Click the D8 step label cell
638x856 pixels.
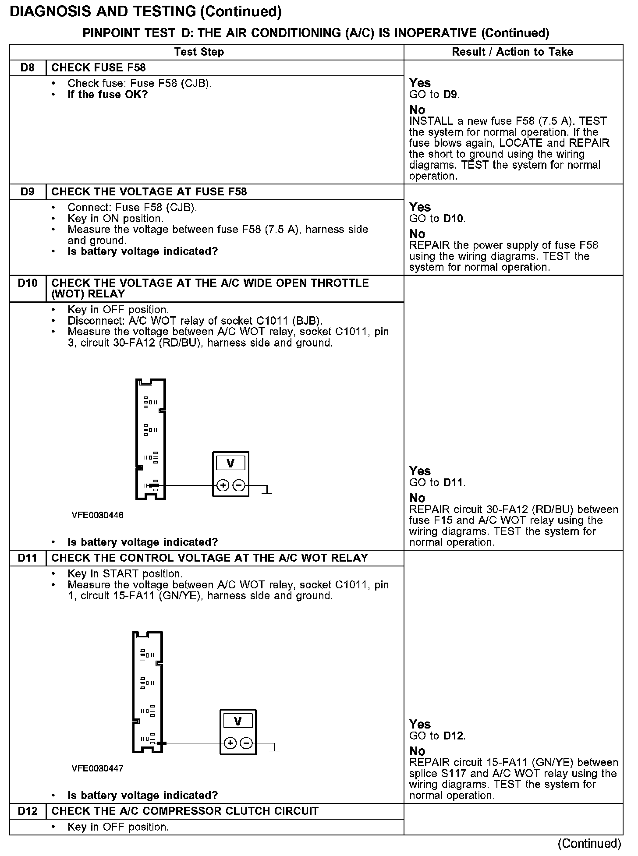coord(28,68)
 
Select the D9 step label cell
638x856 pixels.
coord(28,192)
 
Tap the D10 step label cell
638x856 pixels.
coord(28,283)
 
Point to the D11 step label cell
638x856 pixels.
coord(28,558)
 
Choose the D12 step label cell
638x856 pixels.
coord(28,811)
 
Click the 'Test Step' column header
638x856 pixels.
coord(199,52)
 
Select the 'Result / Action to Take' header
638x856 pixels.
coord(512,52)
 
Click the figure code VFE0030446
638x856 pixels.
coord(97,515)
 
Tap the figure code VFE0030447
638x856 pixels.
coord(97,768)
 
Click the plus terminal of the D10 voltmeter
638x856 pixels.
coord(223,485)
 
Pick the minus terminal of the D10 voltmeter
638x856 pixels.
coord(239,485)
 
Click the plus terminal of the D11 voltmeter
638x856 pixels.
coord(230,743)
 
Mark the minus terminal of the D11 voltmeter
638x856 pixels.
coord(246,743)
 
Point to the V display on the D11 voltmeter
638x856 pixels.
coord(238,722)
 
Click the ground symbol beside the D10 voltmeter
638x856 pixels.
coord(266,491)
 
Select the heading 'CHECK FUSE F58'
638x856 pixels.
coord(99,68)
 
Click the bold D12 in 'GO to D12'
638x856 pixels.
coord(453,736)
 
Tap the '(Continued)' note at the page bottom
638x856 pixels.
coord(589,843)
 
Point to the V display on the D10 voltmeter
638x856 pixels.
coord(230,463)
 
